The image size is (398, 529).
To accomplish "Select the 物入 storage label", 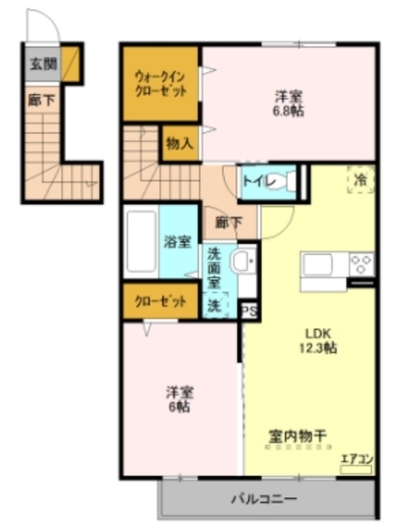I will click(x=178, y=143).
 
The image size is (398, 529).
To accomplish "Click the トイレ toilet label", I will click(x=253, y=182).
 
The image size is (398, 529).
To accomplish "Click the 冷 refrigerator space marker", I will click(x=360, y=179).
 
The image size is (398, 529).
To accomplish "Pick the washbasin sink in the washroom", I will click(x=243, y=262).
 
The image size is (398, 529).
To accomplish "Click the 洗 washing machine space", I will click(x=214, y=305).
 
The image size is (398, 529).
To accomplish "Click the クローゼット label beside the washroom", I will click(x=161, y=301).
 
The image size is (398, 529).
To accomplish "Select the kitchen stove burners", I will click(x=362, y=264).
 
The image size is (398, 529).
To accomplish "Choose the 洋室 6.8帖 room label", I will click(x=290, y=102).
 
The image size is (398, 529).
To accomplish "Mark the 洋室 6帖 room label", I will click(x=178, y=399).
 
